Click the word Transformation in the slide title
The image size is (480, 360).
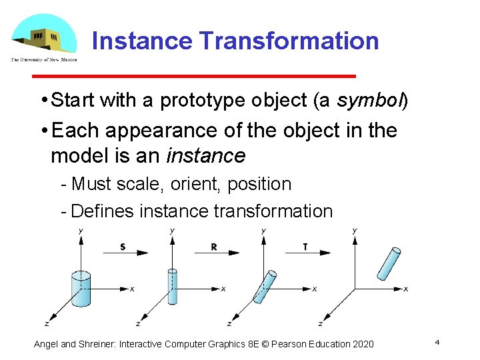[289, 41]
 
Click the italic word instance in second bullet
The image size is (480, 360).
[205, 156]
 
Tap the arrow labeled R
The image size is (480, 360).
[217, 252]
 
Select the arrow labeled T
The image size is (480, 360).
[308, 252]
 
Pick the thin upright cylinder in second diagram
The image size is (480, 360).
[173, 287]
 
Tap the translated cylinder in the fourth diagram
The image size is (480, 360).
[388, 264]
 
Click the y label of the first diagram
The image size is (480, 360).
[81, 231]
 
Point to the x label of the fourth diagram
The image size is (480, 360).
[406, 289]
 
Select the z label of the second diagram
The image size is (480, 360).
[137, 324]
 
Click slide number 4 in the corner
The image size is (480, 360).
[437, 342]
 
